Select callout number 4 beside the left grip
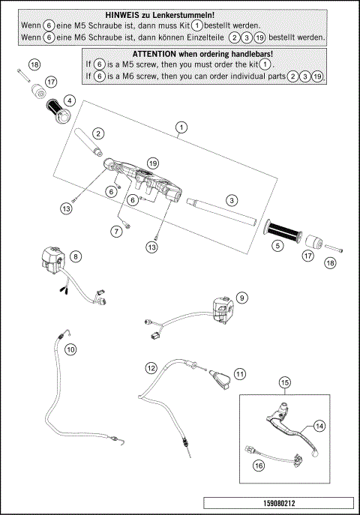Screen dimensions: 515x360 [69, 100]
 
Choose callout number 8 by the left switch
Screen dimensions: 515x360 [75, 256]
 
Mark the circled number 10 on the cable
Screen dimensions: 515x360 [70, 349]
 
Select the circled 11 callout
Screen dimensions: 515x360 [240, 373]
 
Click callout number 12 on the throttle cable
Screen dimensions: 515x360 [151, 368]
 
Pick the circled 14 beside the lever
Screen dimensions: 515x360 [319, 426]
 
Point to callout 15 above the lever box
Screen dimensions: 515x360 [284, 383]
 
